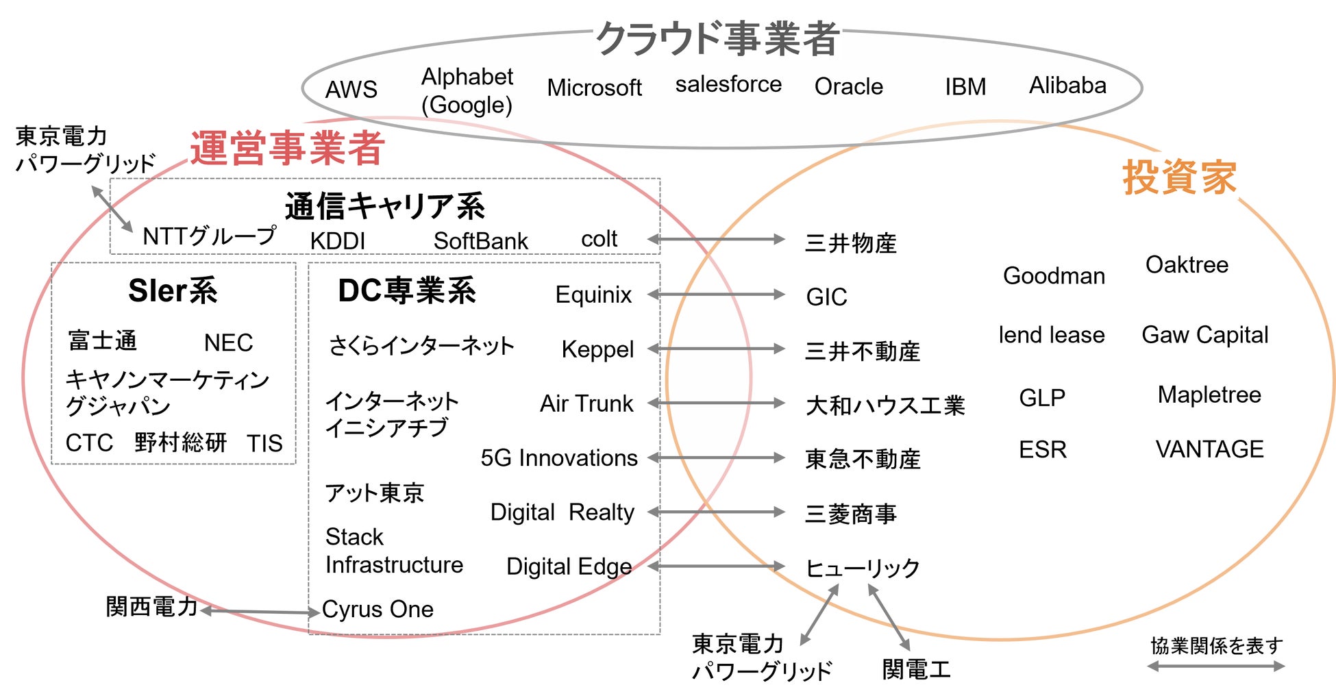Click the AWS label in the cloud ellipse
(351, 89)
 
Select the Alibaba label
(1067, 86)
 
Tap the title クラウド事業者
(717, 38)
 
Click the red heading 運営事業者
(287, 148)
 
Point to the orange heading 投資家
(1179, 177)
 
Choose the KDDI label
(337, 241)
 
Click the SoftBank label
(480, 241)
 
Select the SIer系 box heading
(173, 290)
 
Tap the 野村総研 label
(180, 443)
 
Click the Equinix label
(593, 295)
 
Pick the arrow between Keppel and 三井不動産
(716, 349)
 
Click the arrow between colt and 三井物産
(716, 239)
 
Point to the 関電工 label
(916, 669)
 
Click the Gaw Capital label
(1204, 335)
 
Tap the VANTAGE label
(1209, 449)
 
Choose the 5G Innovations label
(559, 458)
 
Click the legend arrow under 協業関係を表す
(1215, 666)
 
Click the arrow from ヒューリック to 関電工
(889, 617)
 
